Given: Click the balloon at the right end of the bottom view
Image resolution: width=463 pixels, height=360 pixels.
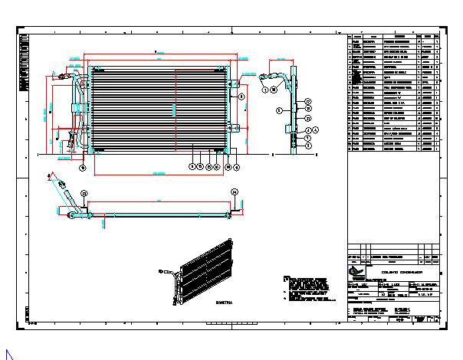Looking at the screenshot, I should click(235, 191).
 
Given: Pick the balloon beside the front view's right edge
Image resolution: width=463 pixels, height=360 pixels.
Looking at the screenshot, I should click(240, 97).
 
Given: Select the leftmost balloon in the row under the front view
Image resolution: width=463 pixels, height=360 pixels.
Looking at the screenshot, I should click(192, 165).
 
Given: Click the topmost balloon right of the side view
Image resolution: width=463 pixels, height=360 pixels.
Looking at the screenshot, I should click(307, 101).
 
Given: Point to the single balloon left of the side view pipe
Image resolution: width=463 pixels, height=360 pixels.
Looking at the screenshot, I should click(280, 111).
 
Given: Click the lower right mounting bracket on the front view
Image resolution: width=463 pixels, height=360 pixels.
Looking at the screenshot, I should click(235, 128).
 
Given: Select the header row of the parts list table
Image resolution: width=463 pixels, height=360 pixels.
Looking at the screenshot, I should click(394, 36).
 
